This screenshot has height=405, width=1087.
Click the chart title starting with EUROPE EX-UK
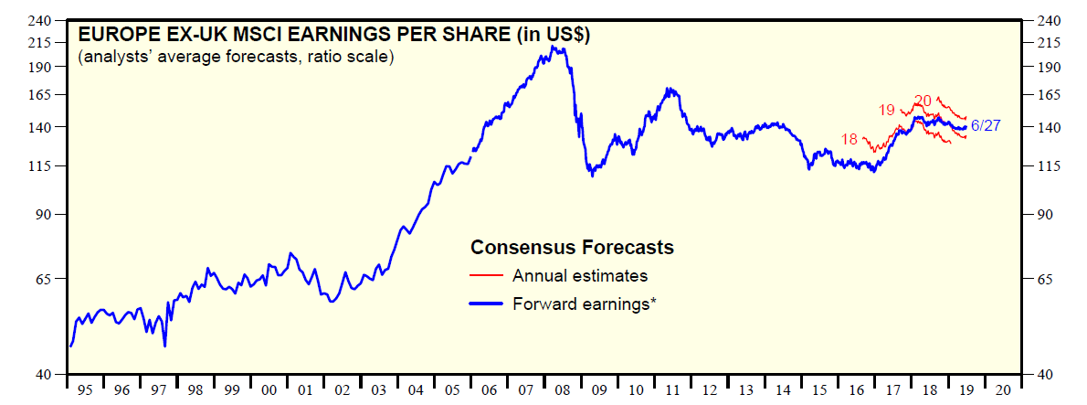[x=334, y=36]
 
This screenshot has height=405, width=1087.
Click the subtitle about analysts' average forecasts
[x=236, y=58]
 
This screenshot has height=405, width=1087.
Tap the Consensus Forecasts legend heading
[x=572, y=247]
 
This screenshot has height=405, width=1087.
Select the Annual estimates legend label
[x=580, y=275]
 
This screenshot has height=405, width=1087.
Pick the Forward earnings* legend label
[x=585, y=304]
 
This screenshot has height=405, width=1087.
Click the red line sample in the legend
[x=486, y=275]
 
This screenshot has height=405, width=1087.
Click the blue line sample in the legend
[x=486, y=304]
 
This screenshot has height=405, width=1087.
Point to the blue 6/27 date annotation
[x=985, y=126]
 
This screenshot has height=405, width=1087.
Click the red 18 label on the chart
[x=850, y=140]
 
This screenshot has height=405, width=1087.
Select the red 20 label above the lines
[x=923, y=101]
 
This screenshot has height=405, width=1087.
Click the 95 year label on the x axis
[x=85, y=390]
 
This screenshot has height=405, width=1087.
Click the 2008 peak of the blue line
[x=554, y=47]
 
